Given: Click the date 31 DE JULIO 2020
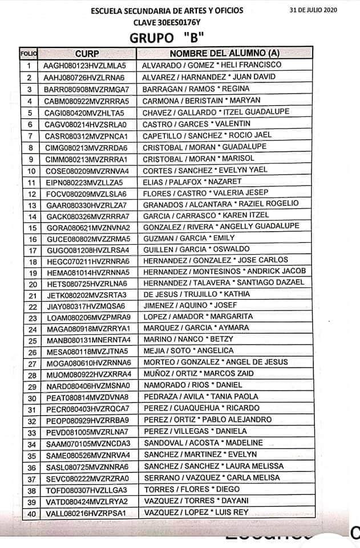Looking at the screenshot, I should point(322,10).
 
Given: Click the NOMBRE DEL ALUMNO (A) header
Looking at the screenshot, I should point(224,53).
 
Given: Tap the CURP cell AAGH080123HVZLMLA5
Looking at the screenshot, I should point(85,66).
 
